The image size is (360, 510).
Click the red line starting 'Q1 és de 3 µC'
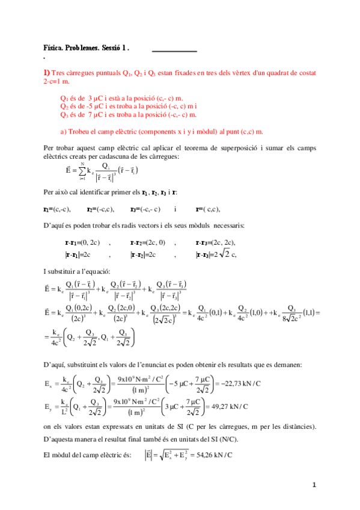tap(122, 97)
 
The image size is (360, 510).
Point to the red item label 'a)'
tap(64, 131)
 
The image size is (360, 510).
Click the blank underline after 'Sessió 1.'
tap(174, 51)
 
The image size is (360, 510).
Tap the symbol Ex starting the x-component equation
tap(49, 384)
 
